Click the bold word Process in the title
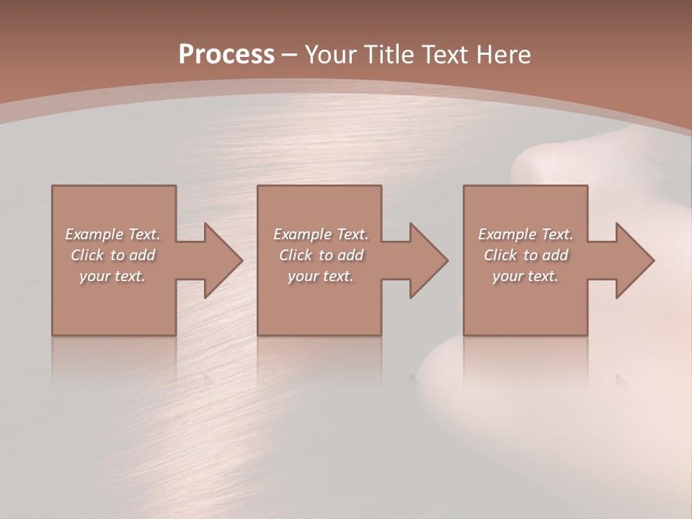tap(226, 55)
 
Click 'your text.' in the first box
tap(112, 276)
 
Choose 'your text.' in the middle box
tap(320, 276)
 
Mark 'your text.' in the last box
tap(525, 276)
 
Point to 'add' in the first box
tap(142, 255)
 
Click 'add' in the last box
tap(555, 255)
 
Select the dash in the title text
tap(290, 55)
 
